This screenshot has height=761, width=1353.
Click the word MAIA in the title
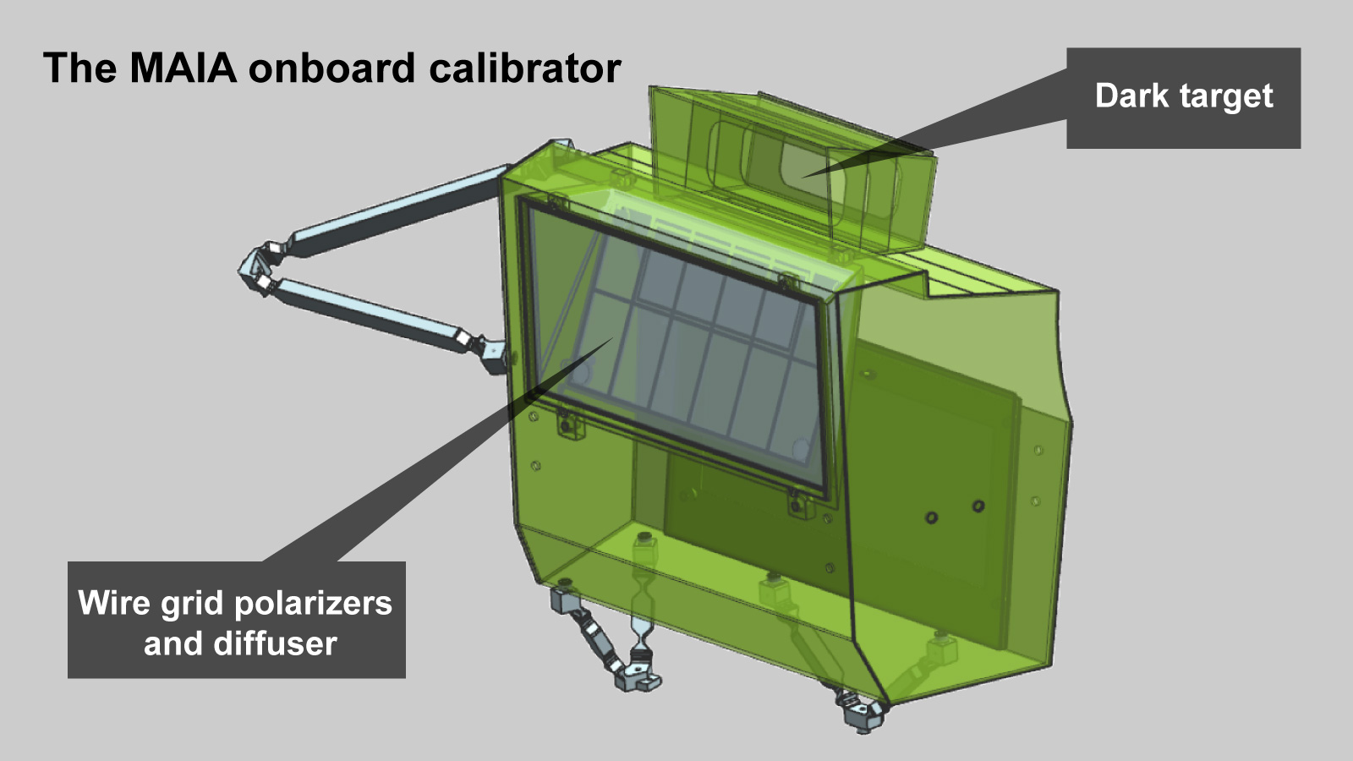coord(183,67)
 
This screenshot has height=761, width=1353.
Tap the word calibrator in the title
coord(525,67)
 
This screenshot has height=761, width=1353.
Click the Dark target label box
coord(1183,98)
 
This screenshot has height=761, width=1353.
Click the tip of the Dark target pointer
coord(803,177)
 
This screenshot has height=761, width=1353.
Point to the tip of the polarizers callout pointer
coord(613,338)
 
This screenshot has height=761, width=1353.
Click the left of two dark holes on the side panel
coord(932,517)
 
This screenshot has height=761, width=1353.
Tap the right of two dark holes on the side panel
coord(978,505)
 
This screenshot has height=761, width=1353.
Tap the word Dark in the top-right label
coord(1131,96)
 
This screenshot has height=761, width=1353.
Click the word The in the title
coord(79,67)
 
